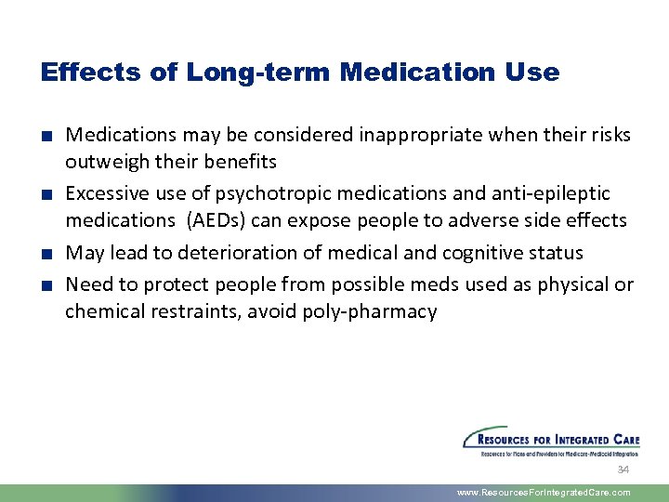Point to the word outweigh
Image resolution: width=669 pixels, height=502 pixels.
click(x=107, y=162)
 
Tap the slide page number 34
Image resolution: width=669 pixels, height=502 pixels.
click(x=623, y=469)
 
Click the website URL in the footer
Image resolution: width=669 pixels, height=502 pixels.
click(x=544, y=493)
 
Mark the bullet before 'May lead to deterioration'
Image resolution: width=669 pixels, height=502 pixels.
click(x=46, y=254)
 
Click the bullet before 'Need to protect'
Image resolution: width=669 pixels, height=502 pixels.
click(x=46, y=285)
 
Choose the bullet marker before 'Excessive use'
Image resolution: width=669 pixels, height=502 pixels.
click(x=46, y=194)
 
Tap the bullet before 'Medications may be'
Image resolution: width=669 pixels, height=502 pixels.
click(x=46, y=136)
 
